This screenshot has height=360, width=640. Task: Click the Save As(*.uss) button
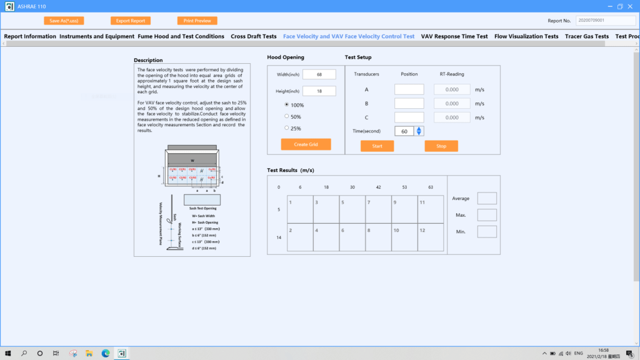(64, 21)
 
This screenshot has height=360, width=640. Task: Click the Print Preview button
(197, 21)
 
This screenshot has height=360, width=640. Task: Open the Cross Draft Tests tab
(254, 36)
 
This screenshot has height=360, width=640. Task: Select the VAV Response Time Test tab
(454, 36)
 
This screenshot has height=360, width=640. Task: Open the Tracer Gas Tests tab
(586, 36)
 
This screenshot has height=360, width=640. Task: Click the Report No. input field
(605, 21)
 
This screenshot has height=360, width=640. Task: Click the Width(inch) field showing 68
(319, 74)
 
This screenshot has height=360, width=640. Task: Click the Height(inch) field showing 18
(319, 91)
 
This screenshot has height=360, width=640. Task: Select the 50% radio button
(287, 116)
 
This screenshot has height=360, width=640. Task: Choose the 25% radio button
(287, 128)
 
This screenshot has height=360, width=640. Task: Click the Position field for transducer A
(409, 89)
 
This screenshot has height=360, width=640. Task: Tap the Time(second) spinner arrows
(419, 131)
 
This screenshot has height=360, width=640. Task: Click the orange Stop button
(441, 146)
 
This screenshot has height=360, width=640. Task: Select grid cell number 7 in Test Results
(378, 209)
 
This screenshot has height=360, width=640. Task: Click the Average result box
(487, 198)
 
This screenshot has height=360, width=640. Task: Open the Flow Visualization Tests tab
(526, 36)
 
